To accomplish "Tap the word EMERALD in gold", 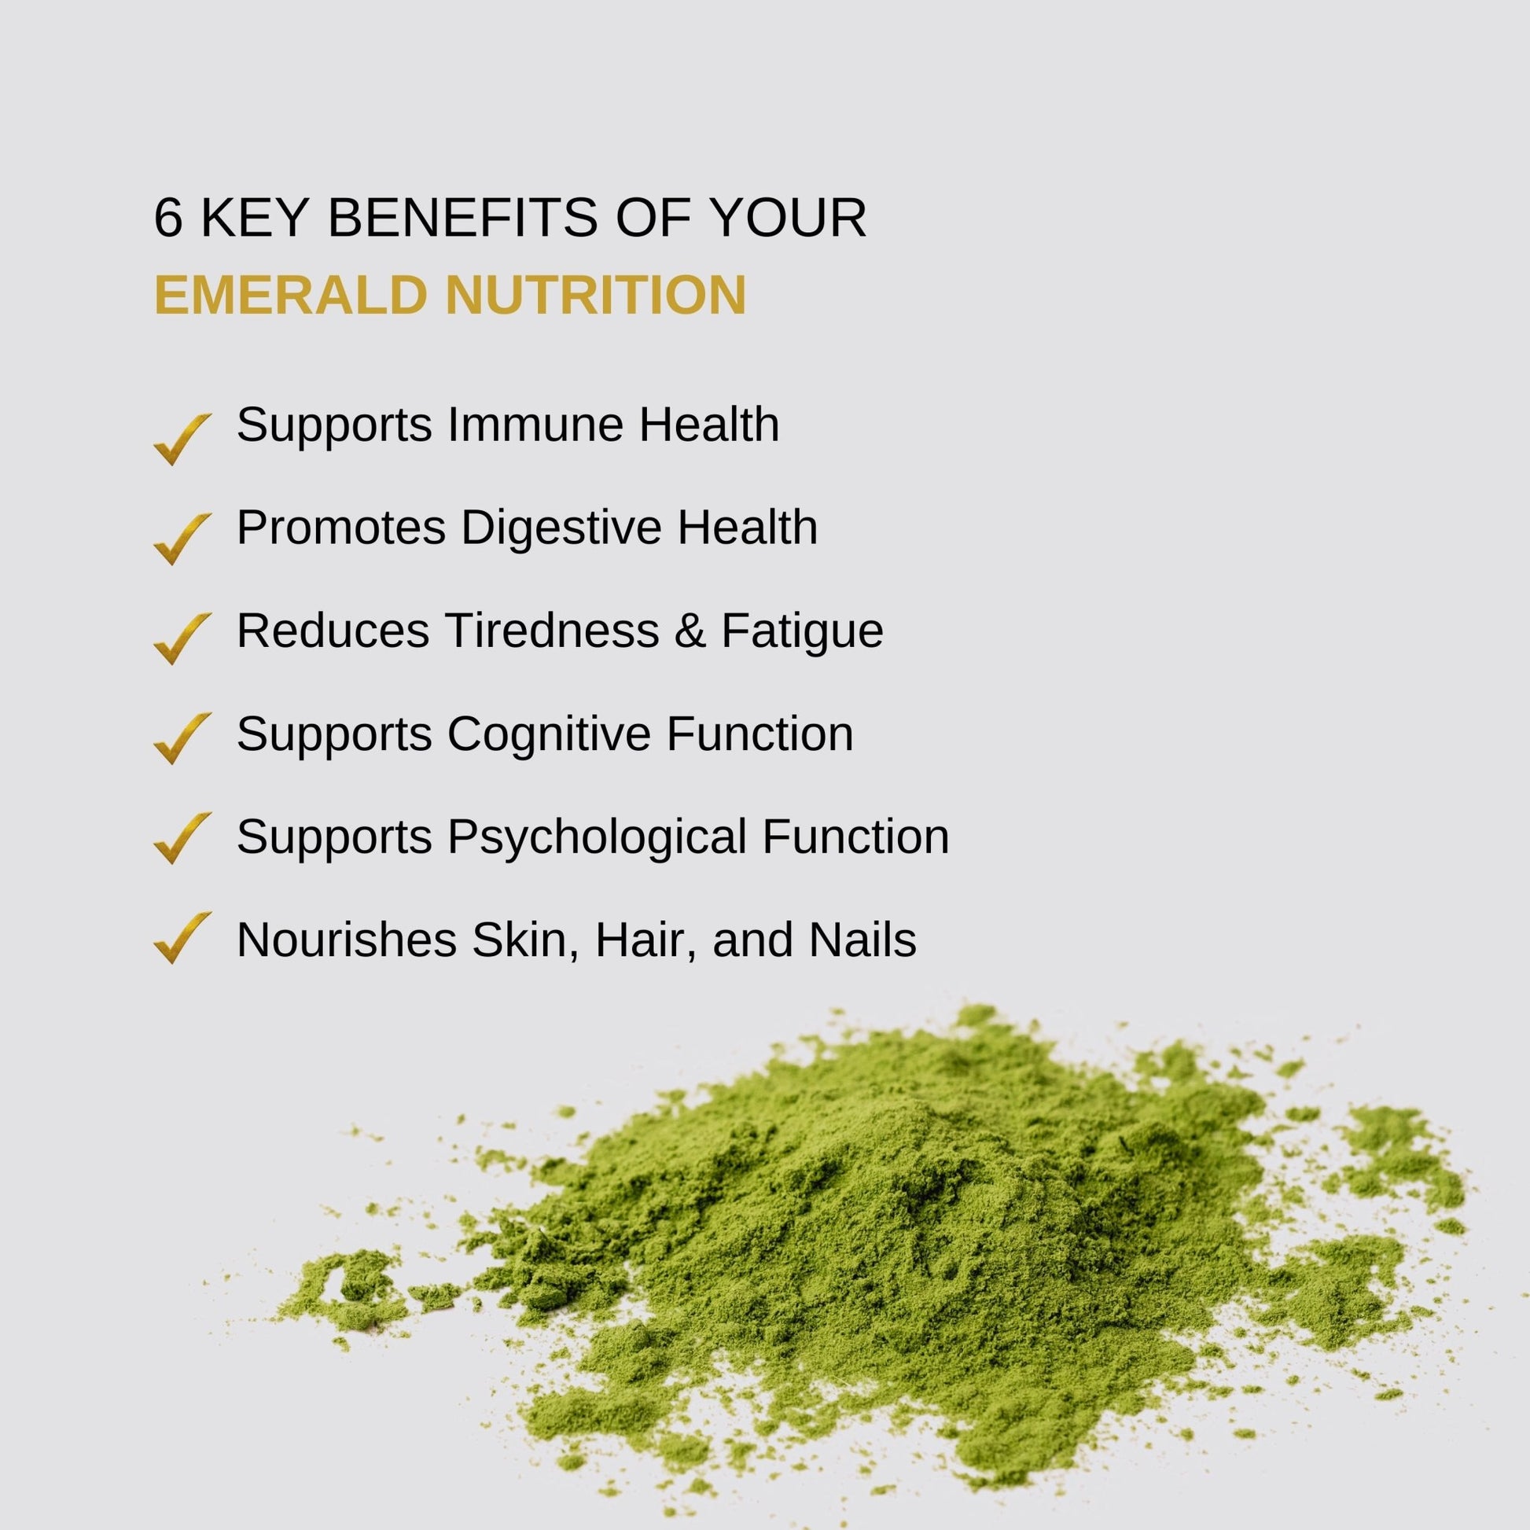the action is coord(292,295).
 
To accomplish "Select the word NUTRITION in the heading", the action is coord(595,295).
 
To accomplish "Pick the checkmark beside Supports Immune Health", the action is coord(182,439).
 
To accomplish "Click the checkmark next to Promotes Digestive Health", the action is coord(182,539).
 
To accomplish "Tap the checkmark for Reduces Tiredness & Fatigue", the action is coord(182,638).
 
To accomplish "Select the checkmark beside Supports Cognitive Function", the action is coord(182,738).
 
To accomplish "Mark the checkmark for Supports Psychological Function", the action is coord(182,838).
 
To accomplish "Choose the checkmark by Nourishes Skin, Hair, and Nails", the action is coord(182,938).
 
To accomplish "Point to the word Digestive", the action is coord(561,528).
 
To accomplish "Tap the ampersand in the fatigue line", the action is coord(690,631).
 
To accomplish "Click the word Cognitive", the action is coord(549,734).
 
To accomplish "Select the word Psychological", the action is coord(597,837).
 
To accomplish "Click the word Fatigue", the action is coord(802,631).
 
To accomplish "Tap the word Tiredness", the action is coord(552,631).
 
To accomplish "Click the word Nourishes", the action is coord(347,940).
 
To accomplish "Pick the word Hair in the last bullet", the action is coord(646,940).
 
